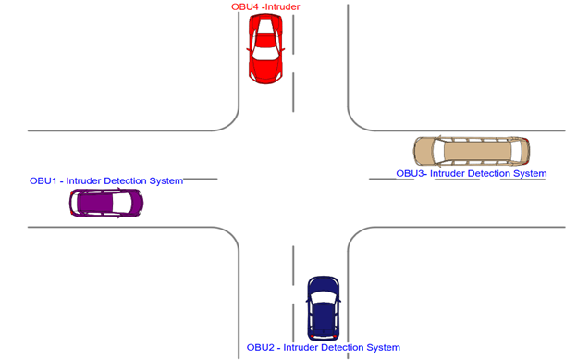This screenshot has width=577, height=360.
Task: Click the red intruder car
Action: tap(265, 49)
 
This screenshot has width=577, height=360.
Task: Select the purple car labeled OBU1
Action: tap(106, 203)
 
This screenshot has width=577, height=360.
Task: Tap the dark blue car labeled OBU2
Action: tap(323, 308)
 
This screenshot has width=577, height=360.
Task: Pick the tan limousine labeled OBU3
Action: tap(472, 151)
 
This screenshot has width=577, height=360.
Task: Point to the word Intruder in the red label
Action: tap(283, 7)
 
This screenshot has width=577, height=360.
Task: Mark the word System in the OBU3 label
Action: tap(531, 173)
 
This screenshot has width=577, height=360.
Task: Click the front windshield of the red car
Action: tap(265, 54)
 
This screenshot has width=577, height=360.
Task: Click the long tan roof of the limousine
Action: tap(478, 151)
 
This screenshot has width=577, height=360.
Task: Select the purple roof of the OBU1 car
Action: tap(95, 203)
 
